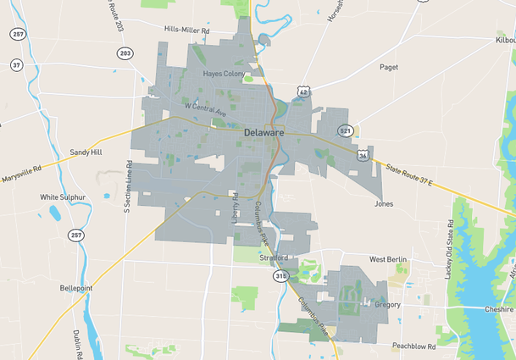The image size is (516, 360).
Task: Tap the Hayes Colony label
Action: [224, 74]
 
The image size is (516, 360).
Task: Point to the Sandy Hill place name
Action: [86, 152]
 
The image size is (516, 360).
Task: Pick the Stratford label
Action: [274, 258]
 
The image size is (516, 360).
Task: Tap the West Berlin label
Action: [389, 259]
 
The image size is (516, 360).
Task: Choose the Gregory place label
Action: [387, 304]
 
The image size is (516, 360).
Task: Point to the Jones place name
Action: [384, 204]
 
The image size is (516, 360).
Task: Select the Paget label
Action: [389, 67]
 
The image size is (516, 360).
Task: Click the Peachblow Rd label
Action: [413, 346]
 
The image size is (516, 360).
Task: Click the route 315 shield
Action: [280, 277]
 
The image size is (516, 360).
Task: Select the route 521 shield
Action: [345, 131]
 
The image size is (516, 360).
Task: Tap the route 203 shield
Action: [125, 53]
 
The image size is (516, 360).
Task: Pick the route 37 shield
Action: [16, 65]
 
